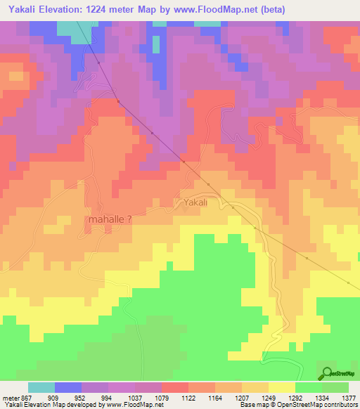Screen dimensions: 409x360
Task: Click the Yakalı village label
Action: (x=195, y=203)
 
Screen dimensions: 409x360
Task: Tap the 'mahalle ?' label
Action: (x=110, y=219)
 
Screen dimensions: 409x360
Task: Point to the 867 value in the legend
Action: (x=26, y=397)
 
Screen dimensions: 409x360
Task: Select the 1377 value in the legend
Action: (x=348, y=397)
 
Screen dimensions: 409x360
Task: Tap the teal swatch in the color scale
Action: (x=41, y=387)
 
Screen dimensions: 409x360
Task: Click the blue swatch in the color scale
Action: (x=67, y=387)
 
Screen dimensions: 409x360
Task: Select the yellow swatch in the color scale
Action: (x=281, y=387)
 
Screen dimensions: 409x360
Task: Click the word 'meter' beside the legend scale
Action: (x=8, y=397)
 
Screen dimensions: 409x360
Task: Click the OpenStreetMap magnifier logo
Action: (x=326, y=372)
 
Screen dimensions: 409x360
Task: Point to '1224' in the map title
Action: (x=112, y=9)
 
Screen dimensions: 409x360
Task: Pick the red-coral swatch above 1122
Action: (x=174, y=387)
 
